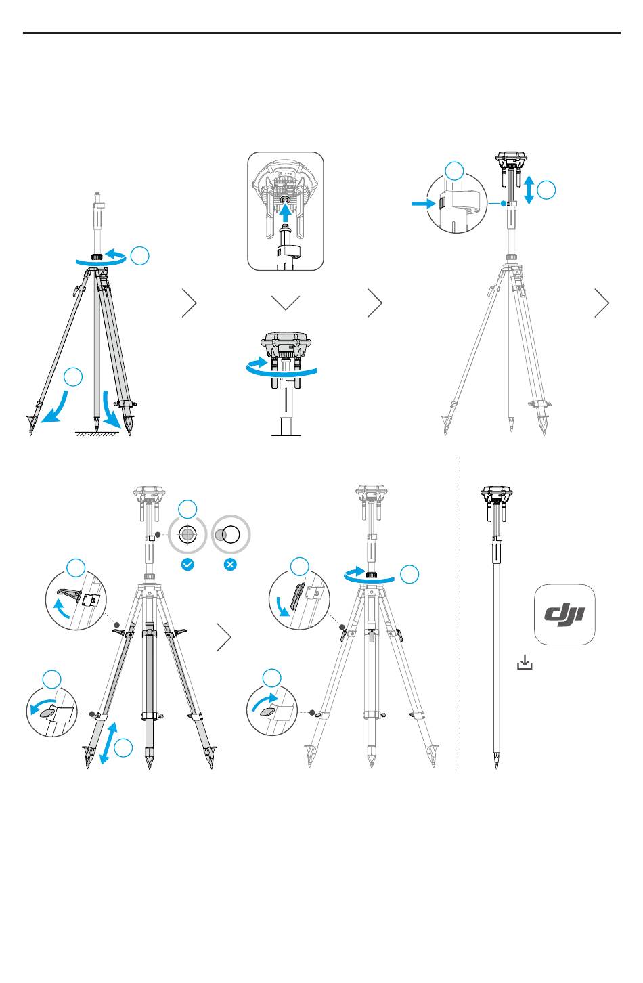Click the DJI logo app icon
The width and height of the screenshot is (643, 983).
tap(564, 614)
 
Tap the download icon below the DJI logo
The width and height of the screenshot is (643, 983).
tap(525, 662)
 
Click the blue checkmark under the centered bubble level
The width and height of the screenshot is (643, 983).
tap(187, 564)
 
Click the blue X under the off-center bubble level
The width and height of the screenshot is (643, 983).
tap(230, 564)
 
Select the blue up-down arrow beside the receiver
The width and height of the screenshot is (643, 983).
tap(529, 190)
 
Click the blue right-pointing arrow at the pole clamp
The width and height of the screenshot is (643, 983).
tap(423, 203)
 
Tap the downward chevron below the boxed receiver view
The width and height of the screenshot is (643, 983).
tap(286, 303)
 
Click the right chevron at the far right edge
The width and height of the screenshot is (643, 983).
tap(602, 303)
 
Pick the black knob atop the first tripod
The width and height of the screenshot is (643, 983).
tap(97, 257)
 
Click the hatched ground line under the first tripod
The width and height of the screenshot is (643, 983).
tap(96, 433)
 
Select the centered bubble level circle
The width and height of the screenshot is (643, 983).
tap(187, 535)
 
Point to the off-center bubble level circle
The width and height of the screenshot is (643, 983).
tap(231, 535)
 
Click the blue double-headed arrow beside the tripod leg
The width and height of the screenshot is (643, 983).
tap(108, 743)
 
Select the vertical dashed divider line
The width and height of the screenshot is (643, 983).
tap(460, 614)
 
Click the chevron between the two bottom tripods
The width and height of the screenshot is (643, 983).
tap(223, 637)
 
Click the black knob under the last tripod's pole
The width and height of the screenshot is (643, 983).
tap(372, 575)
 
